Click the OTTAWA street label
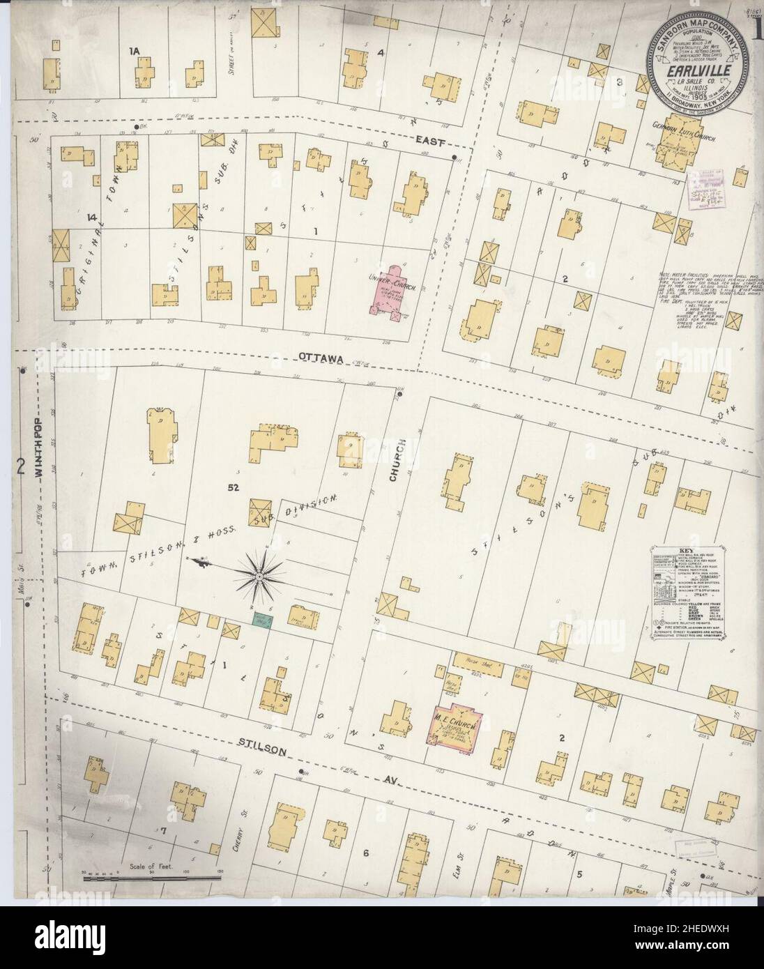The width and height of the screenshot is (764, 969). pyautogui.click(x=319, y=358)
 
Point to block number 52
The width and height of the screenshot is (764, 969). pyautogui.click(x=233, y=488)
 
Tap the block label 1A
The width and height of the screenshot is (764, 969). pyautogui.click(x=135, y=51)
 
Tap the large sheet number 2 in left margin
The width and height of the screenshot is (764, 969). pyautogui.click(x=21, y=466)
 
